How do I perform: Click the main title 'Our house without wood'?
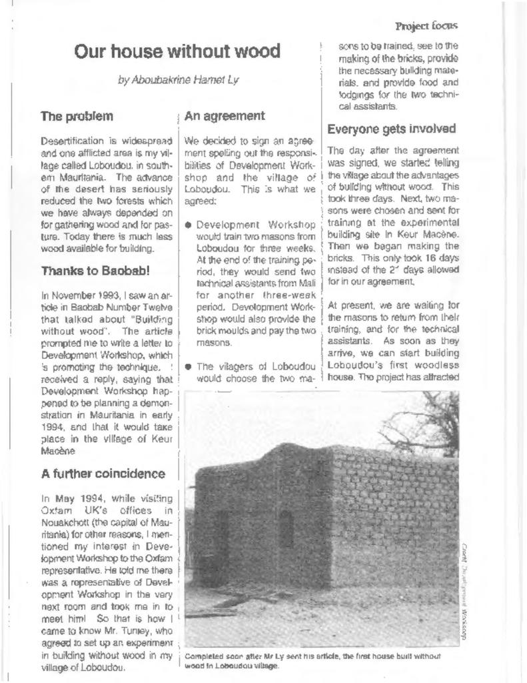tap(177, 51)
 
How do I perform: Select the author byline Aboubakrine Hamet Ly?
tap(177, 81)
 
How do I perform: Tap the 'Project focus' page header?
tap(426, 26)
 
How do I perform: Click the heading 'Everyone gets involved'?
tap(392, 129)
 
